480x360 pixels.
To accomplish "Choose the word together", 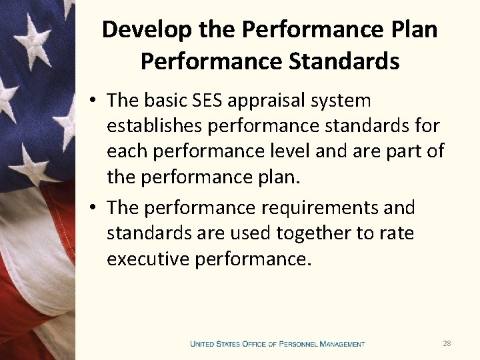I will [313, 233].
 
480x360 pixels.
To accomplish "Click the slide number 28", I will [447, 343].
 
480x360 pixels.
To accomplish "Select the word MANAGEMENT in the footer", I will [342, 344].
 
